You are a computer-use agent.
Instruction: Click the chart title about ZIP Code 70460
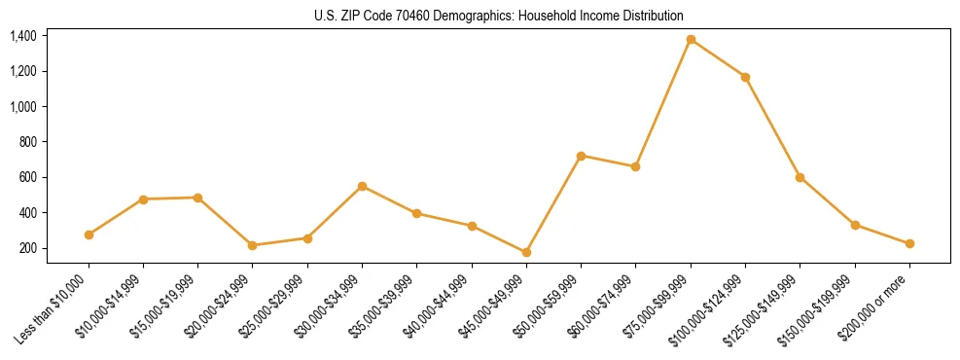tap(499, 16)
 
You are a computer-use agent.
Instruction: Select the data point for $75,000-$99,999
tap(691, 40)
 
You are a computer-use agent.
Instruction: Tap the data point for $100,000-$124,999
tap(745, 77)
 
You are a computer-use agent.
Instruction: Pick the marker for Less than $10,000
tap(89, 234)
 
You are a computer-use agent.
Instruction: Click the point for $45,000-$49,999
tap(526, 252)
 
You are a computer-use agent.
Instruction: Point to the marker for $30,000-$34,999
tap(362, 186)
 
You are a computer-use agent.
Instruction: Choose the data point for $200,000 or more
tap(909, 244)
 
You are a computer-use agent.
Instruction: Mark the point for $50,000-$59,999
tap(581, 156)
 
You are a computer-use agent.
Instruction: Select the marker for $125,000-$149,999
tap(800, 177)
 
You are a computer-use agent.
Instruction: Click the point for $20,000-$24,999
tap(253, 245)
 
